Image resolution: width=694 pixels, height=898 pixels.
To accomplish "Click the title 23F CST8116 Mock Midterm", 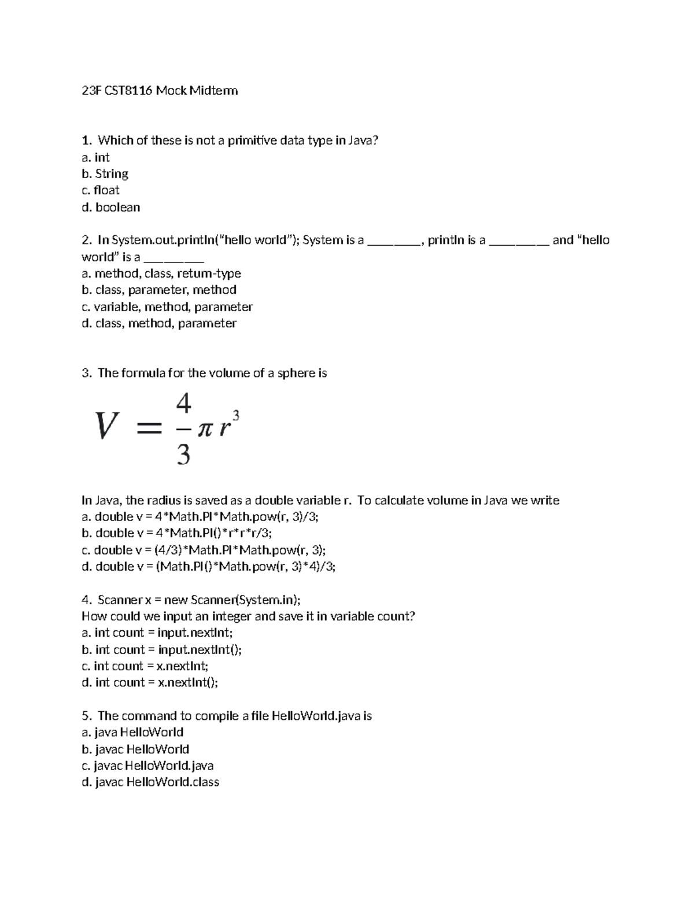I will [160, 91].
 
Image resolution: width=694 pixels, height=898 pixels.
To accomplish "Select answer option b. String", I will [105, 174].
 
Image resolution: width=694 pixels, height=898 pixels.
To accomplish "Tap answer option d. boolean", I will [111, 207].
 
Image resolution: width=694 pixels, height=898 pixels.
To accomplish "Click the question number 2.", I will [86, 240].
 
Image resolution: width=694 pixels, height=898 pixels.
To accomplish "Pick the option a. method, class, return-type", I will [161, 274].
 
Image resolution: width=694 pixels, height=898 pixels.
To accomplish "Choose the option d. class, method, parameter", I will [159, 323].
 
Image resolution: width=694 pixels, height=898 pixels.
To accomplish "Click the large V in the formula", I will [107, 427].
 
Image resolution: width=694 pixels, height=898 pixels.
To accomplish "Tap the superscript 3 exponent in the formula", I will [235, 416].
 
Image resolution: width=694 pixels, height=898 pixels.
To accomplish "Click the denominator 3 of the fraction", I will [183, 456].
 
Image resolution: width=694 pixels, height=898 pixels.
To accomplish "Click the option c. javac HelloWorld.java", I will [148, 766].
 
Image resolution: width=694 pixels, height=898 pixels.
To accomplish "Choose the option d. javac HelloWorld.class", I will [150, 782].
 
